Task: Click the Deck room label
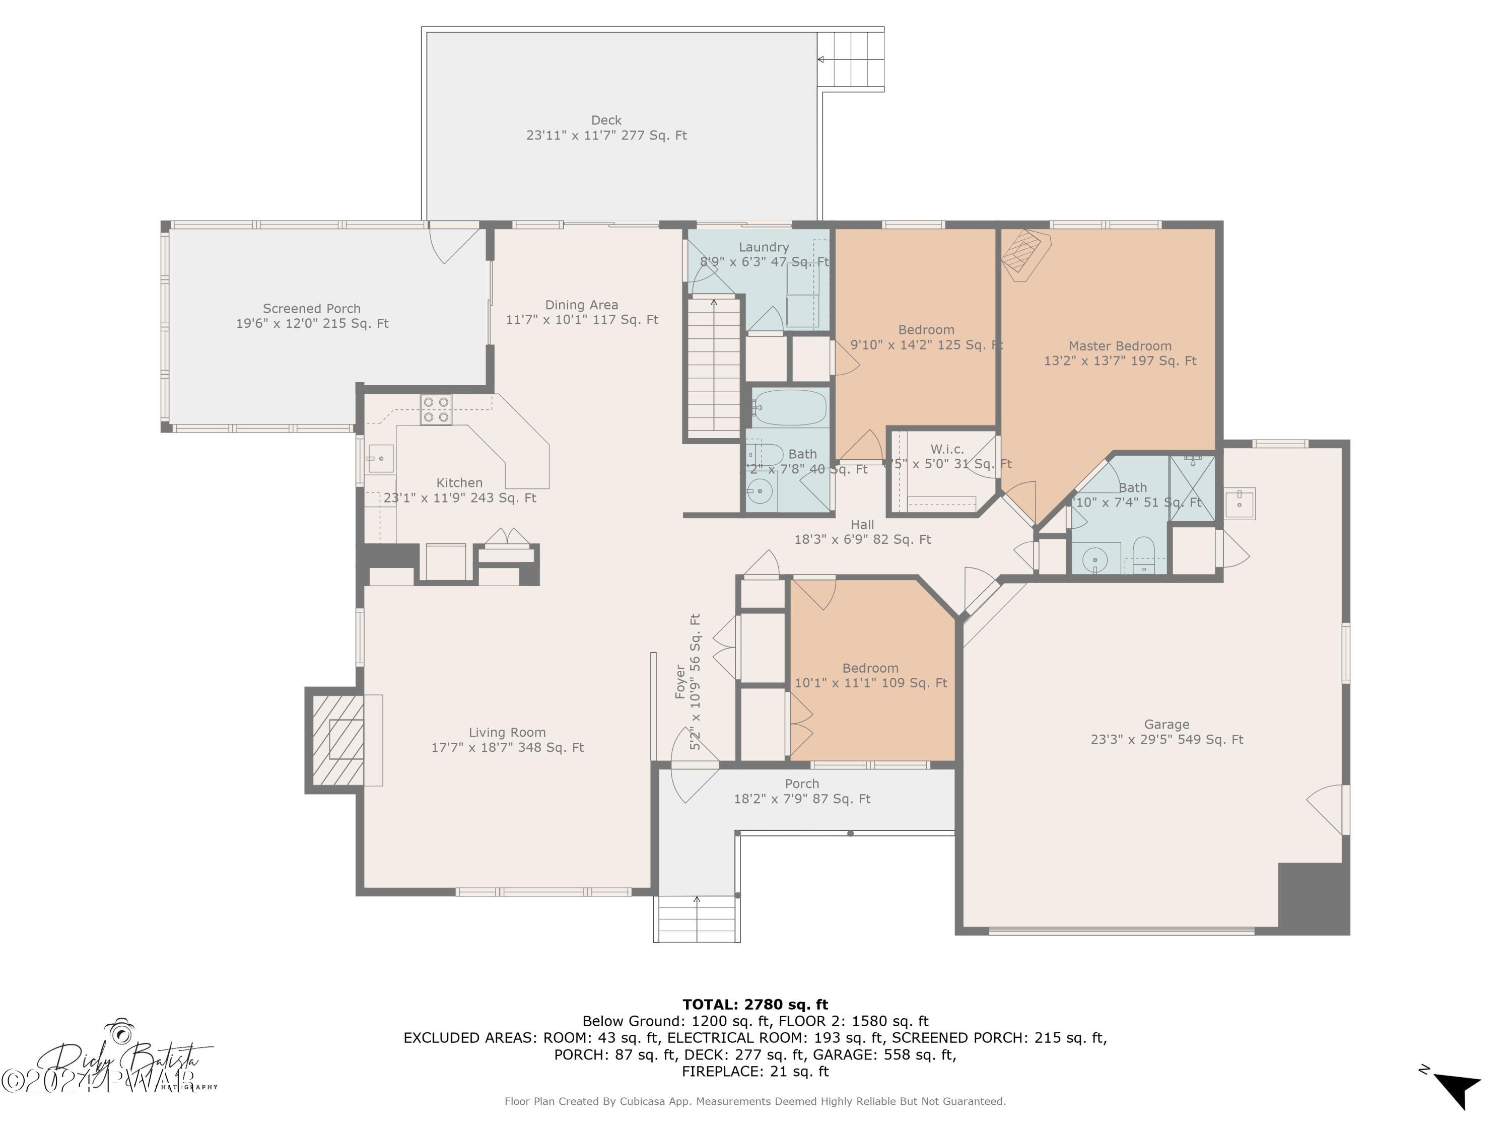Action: coord(606,120)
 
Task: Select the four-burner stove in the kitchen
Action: coord(436,410)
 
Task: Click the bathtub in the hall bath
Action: coord(790,408)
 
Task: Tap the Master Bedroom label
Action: coord(1120,346)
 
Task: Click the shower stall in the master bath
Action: coord(1192,488)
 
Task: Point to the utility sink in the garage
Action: coord(1239,504)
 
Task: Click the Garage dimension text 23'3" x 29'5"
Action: coord(1166,740)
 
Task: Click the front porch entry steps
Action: coord(697,919)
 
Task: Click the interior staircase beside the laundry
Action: coord(714,368)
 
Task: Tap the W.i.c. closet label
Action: coord(947,449)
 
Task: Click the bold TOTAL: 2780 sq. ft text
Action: coord(755,1005)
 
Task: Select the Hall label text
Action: coord(862,525)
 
